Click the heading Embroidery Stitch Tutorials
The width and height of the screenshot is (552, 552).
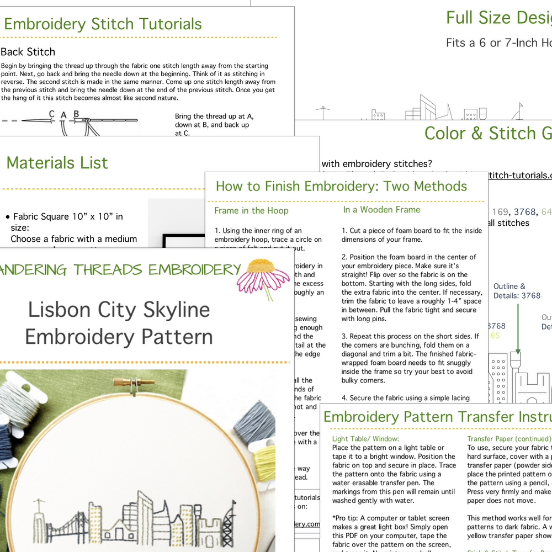tap(103, 24)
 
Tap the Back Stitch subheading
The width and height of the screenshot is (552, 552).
tap(28, 52)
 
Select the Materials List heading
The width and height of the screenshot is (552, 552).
tap(57, 163)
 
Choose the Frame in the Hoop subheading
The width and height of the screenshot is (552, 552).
tap(251, 210)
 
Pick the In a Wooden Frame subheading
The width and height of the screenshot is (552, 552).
tap(381, 210)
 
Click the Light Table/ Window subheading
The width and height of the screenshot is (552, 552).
tap(368, 439)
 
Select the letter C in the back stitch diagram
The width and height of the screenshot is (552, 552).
tap(51, 114)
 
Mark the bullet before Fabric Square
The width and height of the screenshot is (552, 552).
tap(7, 217)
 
